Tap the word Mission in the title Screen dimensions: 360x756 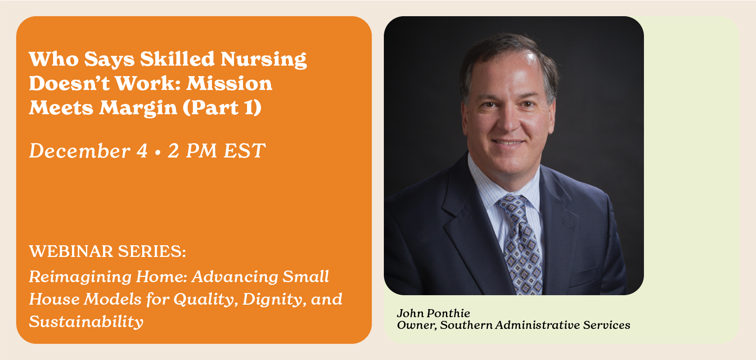point(229,84)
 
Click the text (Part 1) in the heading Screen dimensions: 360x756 point(222,108)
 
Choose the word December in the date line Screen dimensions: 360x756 point(80,151)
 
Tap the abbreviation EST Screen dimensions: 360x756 point(244,151)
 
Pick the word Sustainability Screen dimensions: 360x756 point(86,322)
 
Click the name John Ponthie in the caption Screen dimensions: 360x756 point(433,313)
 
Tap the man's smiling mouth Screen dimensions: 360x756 point(508,143)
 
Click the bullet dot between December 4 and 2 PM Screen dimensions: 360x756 point(157,153)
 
